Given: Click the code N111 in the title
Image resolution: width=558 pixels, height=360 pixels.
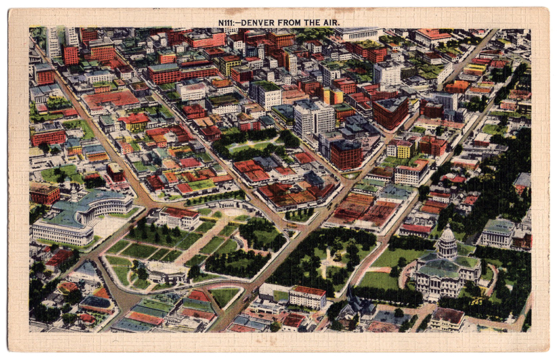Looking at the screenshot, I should point(226,22).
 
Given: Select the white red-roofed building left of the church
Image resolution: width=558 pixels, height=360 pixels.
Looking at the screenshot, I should point(307,297).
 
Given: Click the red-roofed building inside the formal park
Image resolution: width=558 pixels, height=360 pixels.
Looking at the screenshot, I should point(179,217).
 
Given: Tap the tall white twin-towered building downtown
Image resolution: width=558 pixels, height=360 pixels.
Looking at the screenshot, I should point(313,118).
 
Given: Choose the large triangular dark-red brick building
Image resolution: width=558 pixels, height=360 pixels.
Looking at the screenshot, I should point(390,112).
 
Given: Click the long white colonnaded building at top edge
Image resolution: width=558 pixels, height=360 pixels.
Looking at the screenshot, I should point(357,34).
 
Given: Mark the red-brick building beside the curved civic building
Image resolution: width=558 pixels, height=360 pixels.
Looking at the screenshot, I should point(44,193).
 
